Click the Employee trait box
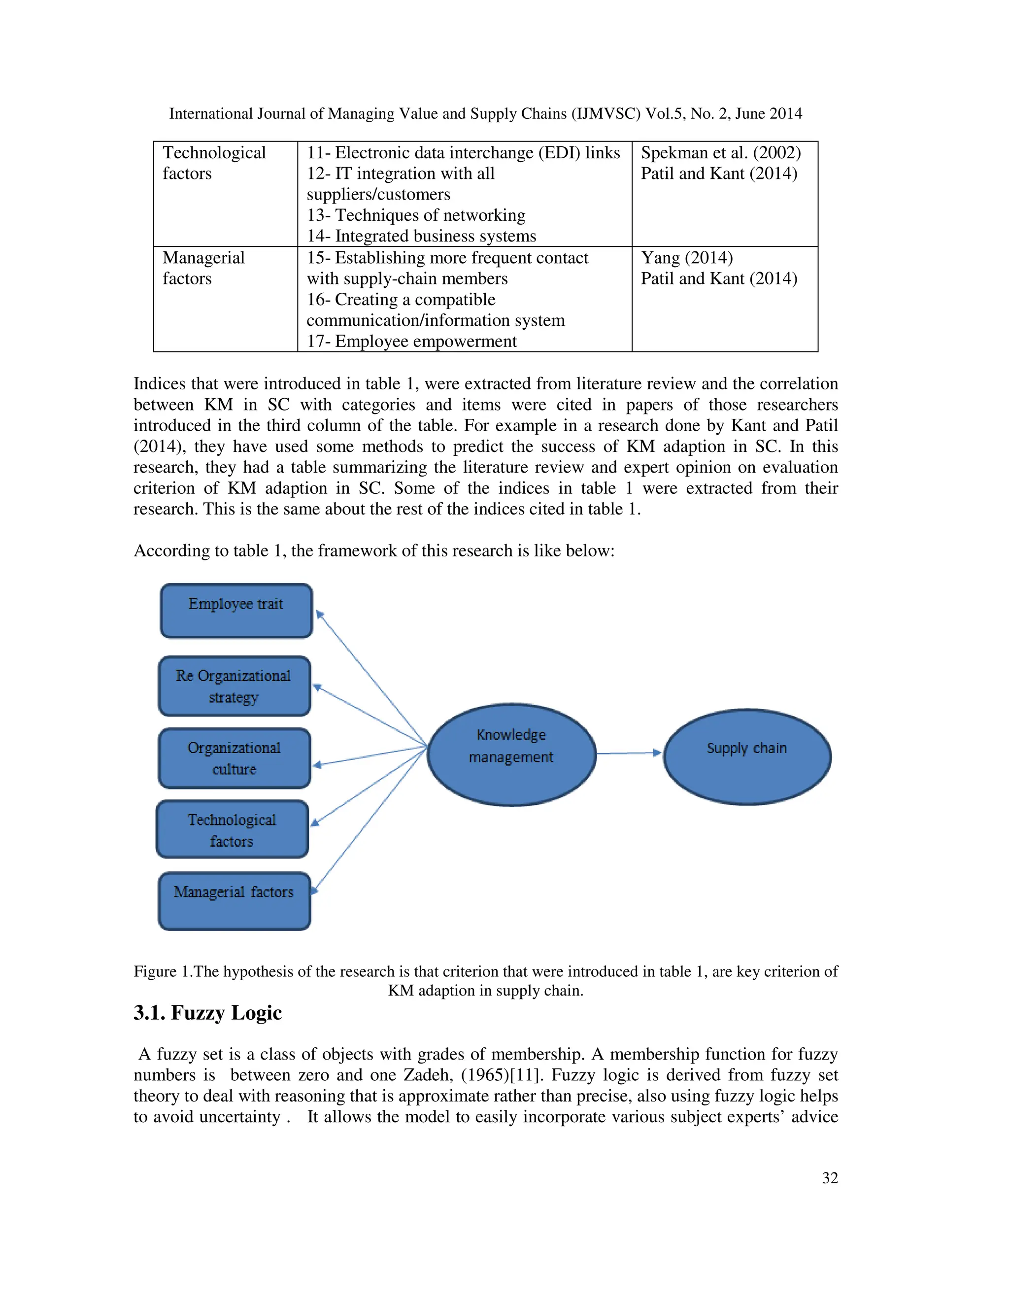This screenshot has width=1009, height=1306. click(236, 611)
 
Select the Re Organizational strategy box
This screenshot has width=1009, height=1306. click(235, 686)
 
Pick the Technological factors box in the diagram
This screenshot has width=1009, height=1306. click(232, 829)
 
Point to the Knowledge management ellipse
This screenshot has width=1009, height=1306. click(512, 754)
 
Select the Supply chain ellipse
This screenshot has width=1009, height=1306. click(747, 756)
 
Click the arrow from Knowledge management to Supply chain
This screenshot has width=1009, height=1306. click(628, 754)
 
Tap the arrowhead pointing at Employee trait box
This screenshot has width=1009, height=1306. click(319, 614)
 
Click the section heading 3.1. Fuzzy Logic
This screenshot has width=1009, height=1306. click(207, 1012)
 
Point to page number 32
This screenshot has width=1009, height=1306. click(830, 1177)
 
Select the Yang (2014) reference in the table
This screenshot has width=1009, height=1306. click(686, 258)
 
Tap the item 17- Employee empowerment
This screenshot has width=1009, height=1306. click(411, 341)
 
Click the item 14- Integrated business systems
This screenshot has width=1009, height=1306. click(421, 236)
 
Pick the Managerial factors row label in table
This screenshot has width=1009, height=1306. click(203, 268)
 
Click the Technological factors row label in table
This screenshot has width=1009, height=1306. click(213, 163)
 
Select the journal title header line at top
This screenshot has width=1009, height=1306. click(485, 114)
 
